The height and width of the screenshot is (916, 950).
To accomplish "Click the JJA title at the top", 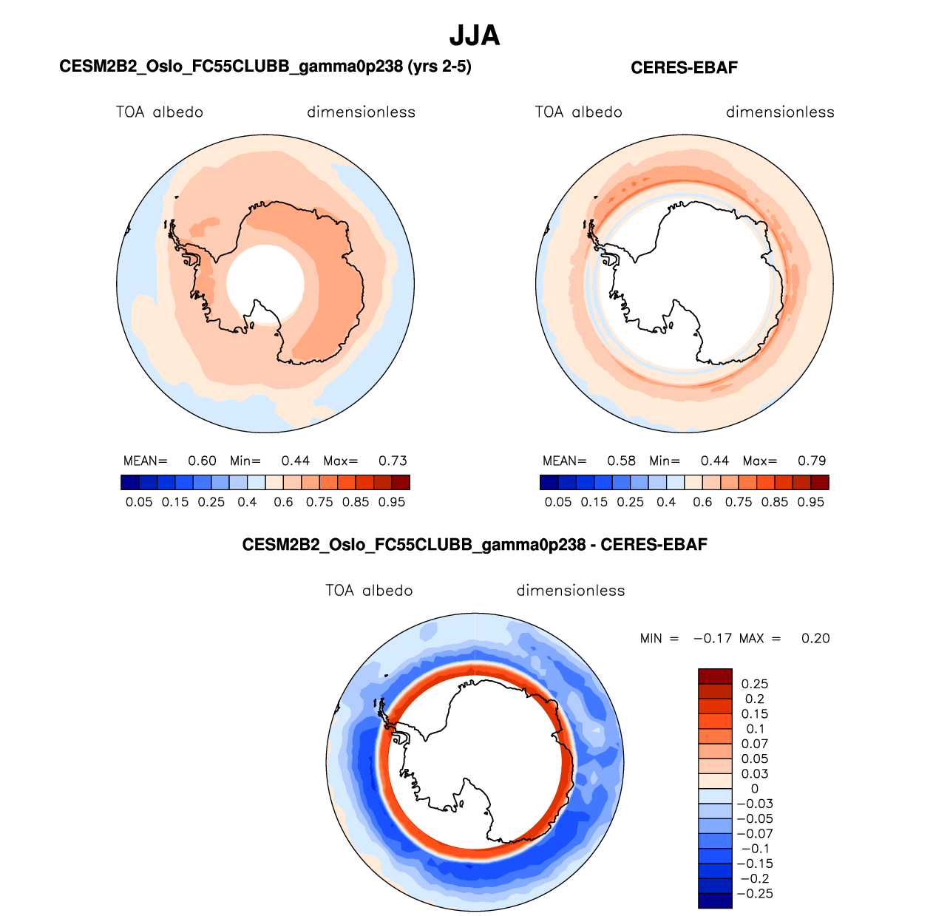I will pos(475,35).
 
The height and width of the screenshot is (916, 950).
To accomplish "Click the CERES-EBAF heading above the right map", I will pos(684,68).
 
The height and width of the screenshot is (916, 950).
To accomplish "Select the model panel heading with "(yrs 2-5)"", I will pos(265,67).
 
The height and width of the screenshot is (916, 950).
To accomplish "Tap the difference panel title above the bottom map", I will pos(475,545).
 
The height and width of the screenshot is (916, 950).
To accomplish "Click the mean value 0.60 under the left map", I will pos(202,461).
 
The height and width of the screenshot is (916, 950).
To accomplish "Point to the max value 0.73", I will pos(393,461).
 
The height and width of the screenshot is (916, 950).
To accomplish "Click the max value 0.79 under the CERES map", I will pos(812,461).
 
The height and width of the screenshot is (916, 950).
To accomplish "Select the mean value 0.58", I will pos(621,461).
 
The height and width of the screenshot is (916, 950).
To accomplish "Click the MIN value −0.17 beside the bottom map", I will pos(712,638).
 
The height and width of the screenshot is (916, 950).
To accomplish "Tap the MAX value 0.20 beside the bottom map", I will pos(815,638).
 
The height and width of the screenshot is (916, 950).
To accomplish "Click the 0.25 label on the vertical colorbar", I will pos(754,684).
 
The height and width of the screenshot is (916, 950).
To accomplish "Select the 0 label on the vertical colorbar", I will pos(754,789).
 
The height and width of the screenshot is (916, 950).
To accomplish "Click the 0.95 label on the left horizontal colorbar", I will pos(392,502).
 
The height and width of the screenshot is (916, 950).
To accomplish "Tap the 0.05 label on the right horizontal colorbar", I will pos(558,502).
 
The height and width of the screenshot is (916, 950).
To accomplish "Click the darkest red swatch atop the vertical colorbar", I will pos(715,676).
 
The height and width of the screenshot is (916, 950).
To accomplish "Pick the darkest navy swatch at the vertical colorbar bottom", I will pos(715,900).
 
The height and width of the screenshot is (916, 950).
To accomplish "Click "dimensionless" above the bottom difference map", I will pos(571,591).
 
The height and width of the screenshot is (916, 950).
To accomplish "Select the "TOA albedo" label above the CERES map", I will pos(579,112).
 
